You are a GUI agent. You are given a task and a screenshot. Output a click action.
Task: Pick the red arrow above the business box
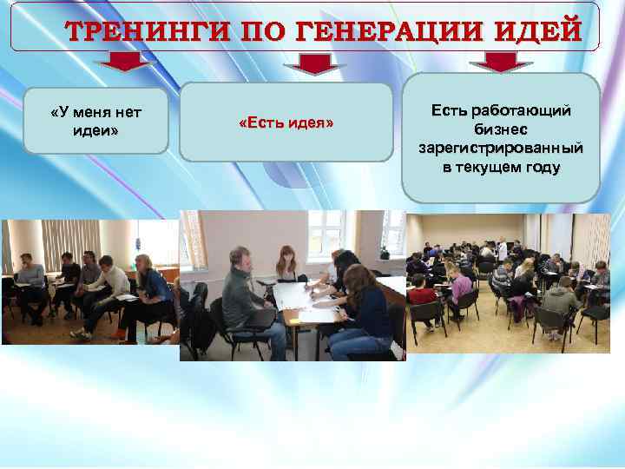point(499,63)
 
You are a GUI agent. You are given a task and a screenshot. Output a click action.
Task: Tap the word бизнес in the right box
point(501,129)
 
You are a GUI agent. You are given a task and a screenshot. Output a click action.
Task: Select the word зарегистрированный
point(501,148)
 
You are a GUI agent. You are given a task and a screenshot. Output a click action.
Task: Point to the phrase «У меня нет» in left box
point(96,112)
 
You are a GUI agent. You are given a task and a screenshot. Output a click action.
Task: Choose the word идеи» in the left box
point(96,130)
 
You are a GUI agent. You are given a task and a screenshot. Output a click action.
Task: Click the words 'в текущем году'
point(501,167)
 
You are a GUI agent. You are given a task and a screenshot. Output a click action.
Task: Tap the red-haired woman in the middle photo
point(286,264)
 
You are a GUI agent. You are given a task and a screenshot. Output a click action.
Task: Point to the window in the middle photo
point(326,230)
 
